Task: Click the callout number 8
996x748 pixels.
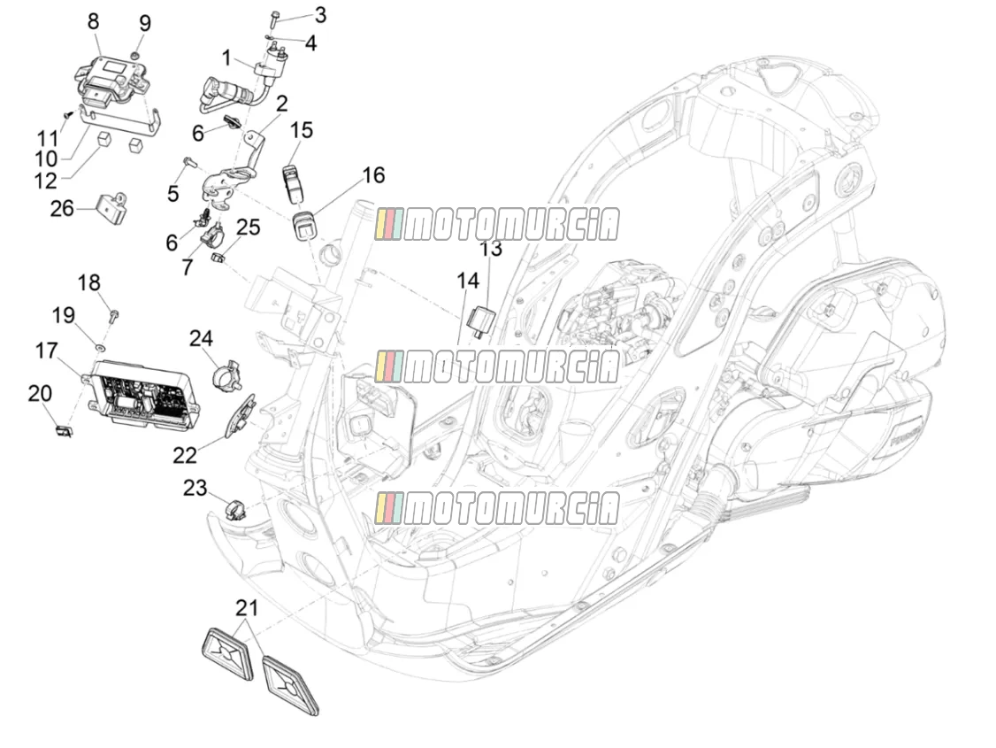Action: click(94, 21)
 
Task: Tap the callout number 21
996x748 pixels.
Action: click(247, 608)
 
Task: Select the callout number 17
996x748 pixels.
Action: click(46, 351)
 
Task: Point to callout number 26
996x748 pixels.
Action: click(62, 208)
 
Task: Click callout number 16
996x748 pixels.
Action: click(373, 174)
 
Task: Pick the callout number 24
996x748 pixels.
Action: click(201, 338)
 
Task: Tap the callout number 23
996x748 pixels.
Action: click(195, 488)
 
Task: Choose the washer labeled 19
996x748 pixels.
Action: click(100, 348)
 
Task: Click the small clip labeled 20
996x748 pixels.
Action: click(64, 431)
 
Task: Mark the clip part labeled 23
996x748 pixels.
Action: click(234, 510)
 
